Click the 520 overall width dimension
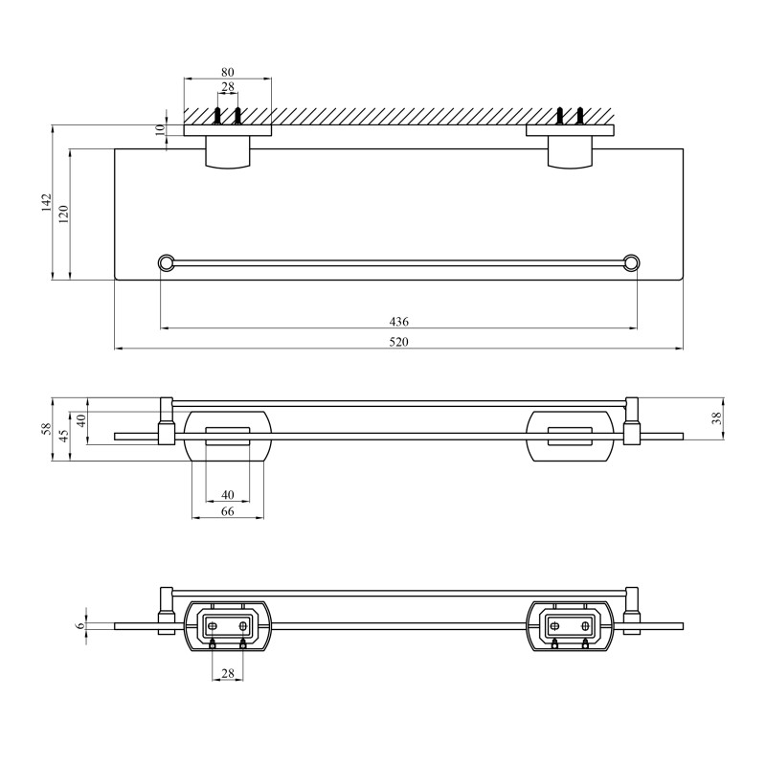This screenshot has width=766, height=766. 398,342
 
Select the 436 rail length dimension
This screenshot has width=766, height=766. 398,322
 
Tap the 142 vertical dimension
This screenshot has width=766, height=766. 46,203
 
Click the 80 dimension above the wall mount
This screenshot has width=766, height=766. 227,72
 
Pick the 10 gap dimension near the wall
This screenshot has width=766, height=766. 161,130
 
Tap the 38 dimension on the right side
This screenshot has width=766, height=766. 717,418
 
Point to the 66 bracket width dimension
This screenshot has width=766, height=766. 227,512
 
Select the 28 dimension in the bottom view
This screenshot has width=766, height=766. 227,673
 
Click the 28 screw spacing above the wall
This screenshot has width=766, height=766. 227,88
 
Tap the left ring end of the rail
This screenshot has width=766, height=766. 166,261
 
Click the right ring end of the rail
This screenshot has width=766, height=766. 631,261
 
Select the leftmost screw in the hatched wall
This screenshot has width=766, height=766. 218,117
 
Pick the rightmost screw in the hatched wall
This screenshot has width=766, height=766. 579,117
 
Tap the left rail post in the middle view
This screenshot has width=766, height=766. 166,421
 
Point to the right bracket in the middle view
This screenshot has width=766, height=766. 569,436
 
